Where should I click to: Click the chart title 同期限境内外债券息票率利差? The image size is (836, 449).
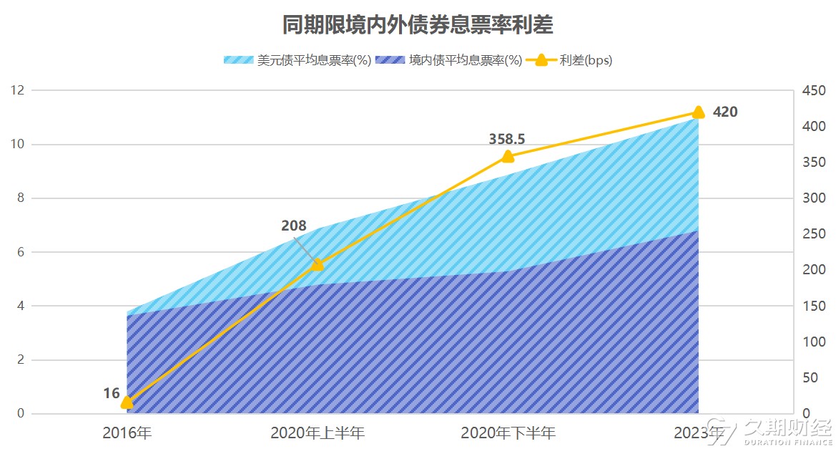(417, 26)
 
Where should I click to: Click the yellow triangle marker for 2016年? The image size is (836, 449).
(127, 402)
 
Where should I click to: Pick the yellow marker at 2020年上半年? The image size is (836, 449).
(318, 264)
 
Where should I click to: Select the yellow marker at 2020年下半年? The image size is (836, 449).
(508, 157)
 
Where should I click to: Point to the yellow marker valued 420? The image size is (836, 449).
(698, 112)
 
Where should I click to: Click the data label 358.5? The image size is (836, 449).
(507, 139)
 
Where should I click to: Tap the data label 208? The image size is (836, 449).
(293, 226)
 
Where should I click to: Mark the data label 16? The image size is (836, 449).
(111, 393)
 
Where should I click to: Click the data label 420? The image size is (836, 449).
(725, 112)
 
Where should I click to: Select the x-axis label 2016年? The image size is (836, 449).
(127, 433)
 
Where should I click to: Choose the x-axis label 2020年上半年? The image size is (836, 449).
(318, 433)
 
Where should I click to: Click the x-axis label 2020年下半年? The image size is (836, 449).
(508, 433)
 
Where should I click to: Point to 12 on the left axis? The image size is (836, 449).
(17, 90)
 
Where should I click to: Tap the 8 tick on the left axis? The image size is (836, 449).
(21, 198)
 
